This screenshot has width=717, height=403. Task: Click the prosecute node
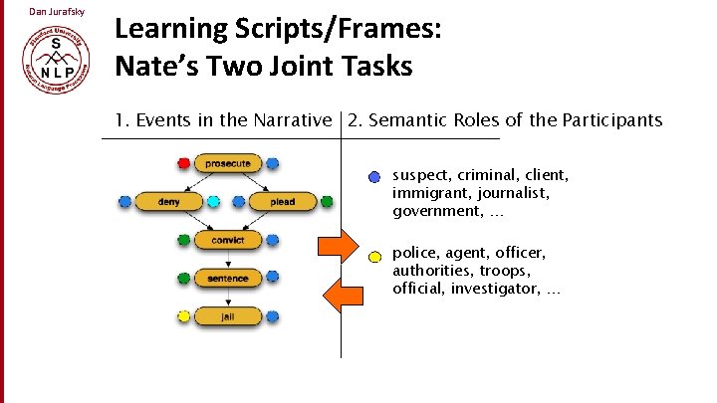[x=228, y=163]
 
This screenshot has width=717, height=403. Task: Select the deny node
[x=168, y=202]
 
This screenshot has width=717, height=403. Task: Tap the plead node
[x=282, y=202]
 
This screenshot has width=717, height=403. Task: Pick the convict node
[x=228, y=240]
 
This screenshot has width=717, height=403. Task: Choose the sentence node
[x=228, y=279]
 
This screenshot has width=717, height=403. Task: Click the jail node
[x=228, y=316]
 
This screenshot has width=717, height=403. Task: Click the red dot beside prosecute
[x=183, y=163]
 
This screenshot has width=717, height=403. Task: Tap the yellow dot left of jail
[x=183, y=316]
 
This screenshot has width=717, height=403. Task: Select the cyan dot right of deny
[x=213, y=202]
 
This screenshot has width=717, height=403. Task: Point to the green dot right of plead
[x=327, y=202]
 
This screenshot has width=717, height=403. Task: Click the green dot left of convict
[x=183, y=240]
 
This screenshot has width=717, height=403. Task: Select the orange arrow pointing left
[x=343, y=293]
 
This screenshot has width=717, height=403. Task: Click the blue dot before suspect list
[x=373, y=177]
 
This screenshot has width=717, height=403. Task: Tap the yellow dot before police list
[x=373, y=256]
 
